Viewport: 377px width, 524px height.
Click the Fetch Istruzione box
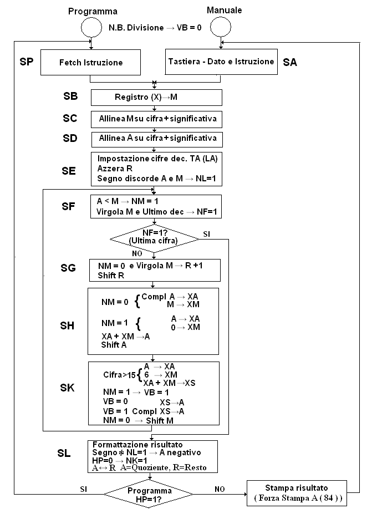coord(90,62)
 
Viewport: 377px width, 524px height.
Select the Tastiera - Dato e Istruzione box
coord(221,62)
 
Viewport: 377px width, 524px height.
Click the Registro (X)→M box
coord(156,98)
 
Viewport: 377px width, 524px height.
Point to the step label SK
coord(67,388)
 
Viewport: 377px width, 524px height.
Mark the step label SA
coord(290,63)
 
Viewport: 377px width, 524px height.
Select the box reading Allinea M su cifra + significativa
coord(156,119)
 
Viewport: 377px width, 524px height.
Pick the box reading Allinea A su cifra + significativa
coord(156,138)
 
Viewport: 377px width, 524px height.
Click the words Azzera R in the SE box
coord(115,169)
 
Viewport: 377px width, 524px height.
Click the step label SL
coord(64,454)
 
